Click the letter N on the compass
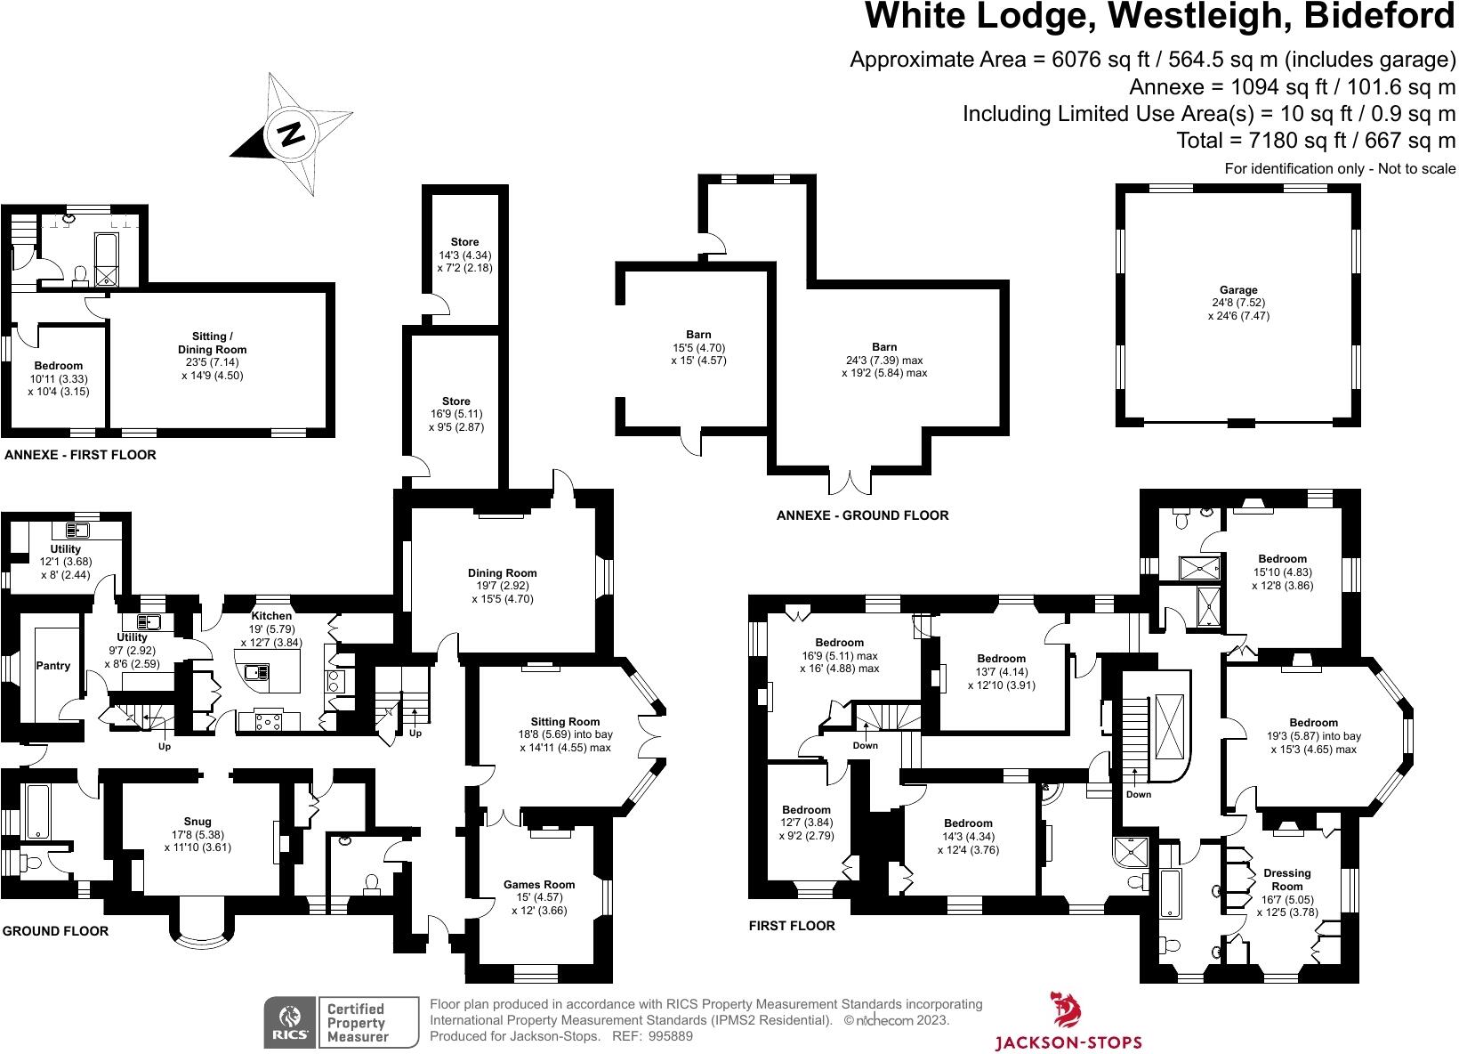coord(291,134)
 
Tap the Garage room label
coord(1238,290)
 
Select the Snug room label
coord(197,822)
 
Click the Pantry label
coord(52,666)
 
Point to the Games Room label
coord(539,884)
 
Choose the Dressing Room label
coord(1286,880)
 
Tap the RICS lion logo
coord(288,1022)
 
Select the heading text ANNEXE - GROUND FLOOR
coord(862,515)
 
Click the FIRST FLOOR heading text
coord(792,926)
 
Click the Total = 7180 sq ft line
coord(1316,140)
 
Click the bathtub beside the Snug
coord(38,811)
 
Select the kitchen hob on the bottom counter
coord(268,720)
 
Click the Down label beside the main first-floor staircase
coord(1138,794)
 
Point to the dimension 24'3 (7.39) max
coord(884,361)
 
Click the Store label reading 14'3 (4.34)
coord(464,255)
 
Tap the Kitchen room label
coord(271,616)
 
